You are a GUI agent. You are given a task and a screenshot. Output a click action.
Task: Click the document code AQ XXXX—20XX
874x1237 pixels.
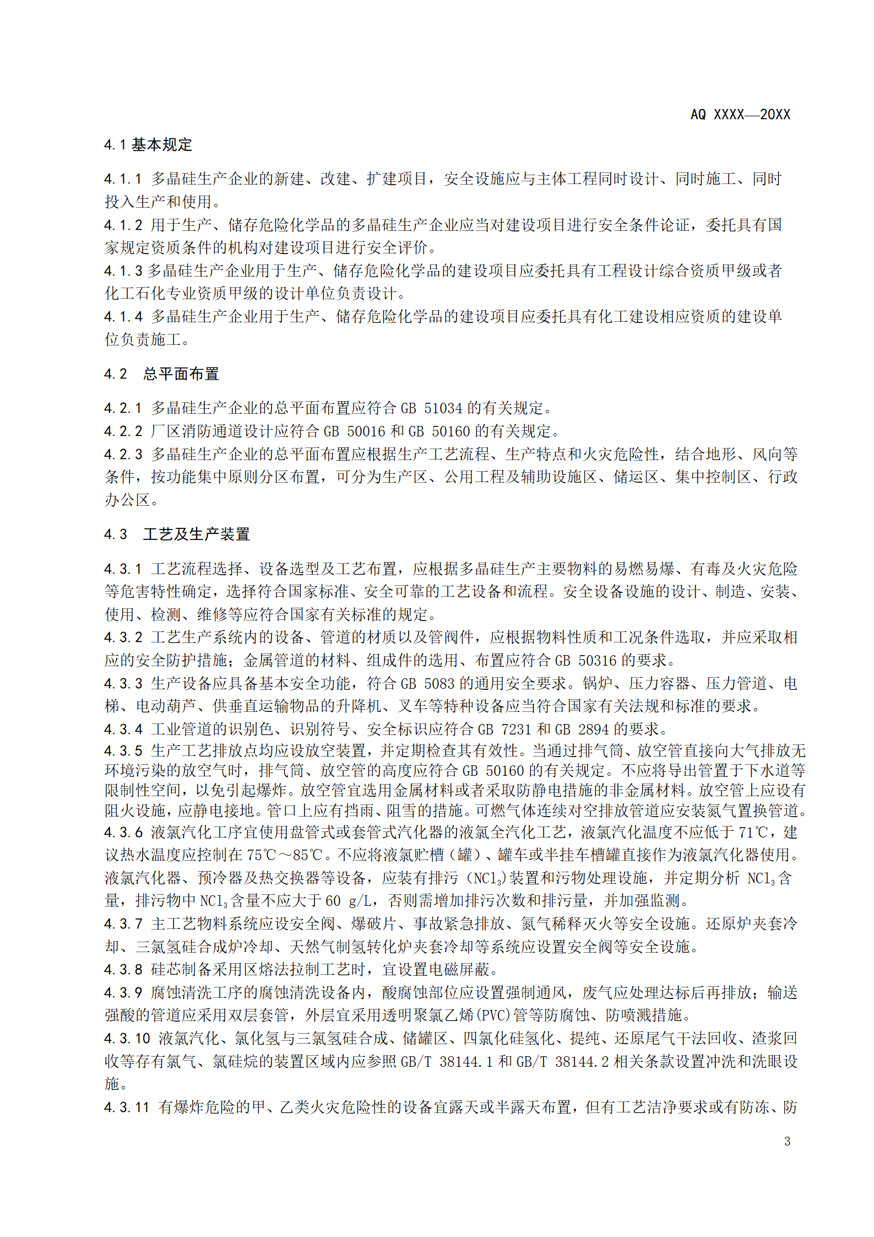click(740, 115)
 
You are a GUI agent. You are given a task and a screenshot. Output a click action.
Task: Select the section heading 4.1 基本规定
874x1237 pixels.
click(148, 145)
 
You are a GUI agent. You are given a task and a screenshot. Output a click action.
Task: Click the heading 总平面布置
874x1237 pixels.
click(181, 374)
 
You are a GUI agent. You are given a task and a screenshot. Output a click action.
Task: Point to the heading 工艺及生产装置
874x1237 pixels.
click(197, 534)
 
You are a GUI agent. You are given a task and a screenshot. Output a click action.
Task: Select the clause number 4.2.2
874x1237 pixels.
click(123, 431)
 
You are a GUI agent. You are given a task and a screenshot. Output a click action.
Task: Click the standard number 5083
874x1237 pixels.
click(439, 684)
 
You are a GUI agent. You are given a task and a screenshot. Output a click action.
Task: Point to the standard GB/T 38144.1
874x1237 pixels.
click(446, 1061)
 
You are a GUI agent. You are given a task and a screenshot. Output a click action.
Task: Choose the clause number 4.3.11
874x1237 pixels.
click(127, 1108)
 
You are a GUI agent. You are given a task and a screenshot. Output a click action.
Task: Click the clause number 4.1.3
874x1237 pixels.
click(123, 271)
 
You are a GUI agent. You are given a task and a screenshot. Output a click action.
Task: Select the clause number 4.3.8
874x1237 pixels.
click(123, 970)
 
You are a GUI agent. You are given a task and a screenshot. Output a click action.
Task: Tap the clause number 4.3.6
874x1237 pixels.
click(123, 832)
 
